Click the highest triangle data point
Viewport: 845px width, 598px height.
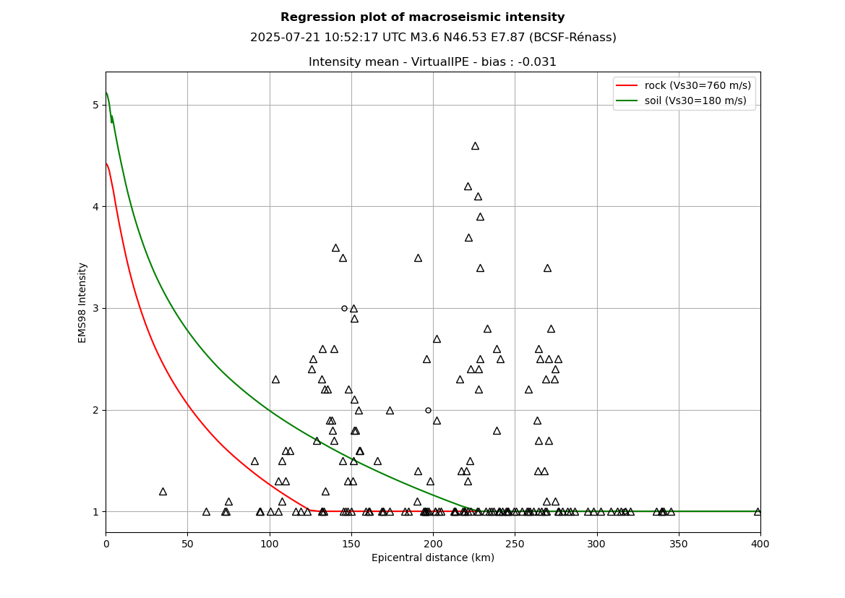point(475,146)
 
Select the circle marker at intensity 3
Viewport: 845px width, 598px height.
point(344,309)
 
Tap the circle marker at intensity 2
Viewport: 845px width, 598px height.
point(428,410)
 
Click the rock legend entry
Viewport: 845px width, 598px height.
point(684,85)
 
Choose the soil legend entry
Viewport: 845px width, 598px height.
point(682,101)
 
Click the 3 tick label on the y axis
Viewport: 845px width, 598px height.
point(95,309)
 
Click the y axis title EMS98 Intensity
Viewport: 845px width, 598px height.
point(82,302)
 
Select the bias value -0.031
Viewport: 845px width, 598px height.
point(537,62)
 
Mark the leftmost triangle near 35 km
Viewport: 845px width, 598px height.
point(163,492)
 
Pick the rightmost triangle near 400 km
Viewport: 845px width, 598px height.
point(757,512)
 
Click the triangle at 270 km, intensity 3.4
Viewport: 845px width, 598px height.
point(547,268)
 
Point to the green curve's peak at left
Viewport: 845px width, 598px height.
point(107,93)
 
